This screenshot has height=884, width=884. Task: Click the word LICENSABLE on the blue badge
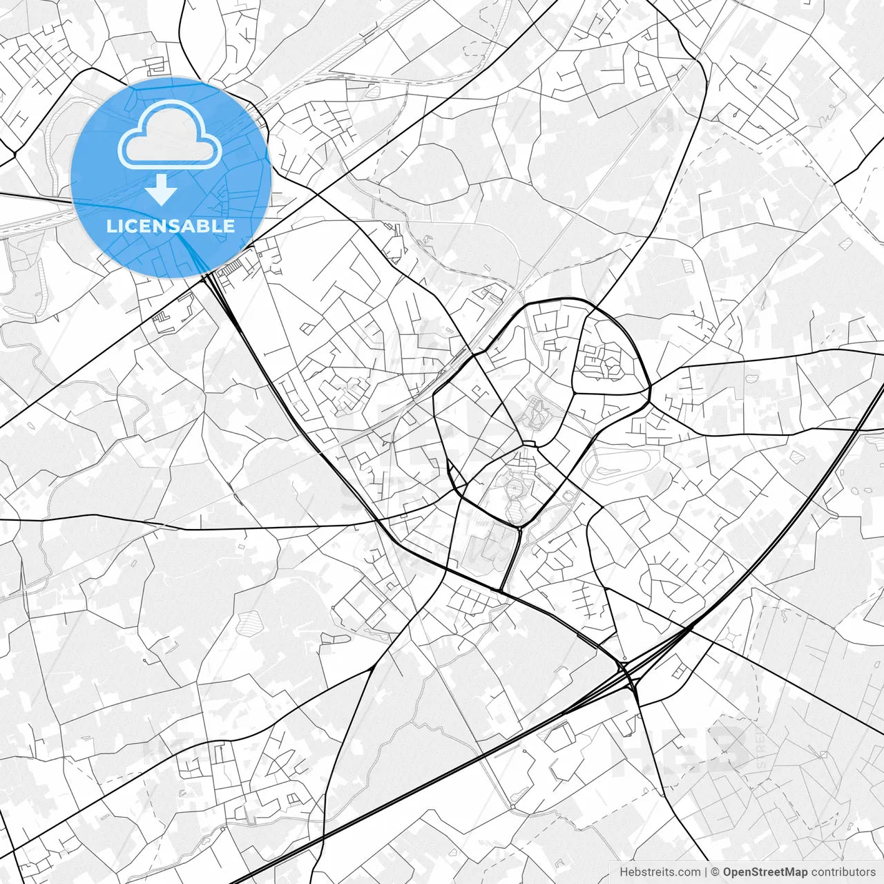(x=171, y=226)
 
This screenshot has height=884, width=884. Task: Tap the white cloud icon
(x=170, y=134)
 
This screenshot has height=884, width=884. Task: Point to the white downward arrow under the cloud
(x=161, y=190)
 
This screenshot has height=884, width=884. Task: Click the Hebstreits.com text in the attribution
(x=660, y=872)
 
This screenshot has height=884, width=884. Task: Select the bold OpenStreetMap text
(x=765, y=872)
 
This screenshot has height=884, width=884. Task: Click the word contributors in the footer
(x=843, y=872)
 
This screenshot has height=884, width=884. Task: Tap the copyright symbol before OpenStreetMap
(x=715, y=872)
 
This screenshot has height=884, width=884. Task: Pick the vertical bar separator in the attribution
(x=706, y=872)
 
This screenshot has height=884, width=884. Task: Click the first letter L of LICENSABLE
(x=110, y=226)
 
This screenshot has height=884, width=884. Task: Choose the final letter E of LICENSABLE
(x=229, y=226)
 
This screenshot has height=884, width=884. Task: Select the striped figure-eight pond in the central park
(x=515, y=501)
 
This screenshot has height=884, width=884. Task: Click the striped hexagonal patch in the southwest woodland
(x=248, y=623)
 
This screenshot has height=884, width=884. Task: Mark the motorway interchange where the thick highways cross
(x=629, y=673)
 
